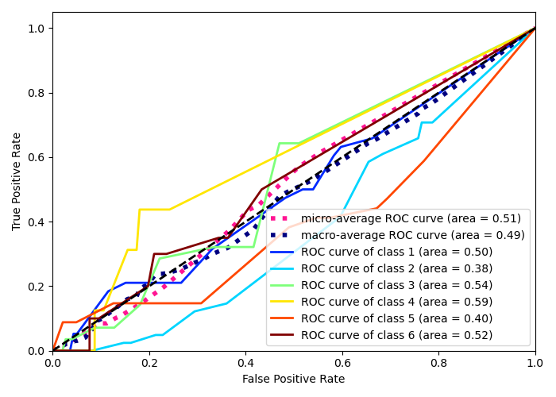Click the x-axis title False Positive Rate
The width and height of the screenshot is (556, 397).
(x=294, y=380)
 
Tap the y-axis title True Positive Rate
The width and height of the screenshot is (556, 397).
(x=17, y=181)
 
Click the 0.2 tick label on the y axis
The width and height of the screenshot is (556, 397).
(x=36, y=287)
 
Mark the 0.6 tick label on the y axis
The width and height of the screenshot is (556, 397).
(x=36, y=157)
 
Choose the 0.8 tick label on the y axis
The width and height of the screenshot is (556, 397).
(x=36, y=93)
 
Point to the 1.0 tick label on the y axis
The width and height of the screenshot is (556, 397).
(x=36, y=29)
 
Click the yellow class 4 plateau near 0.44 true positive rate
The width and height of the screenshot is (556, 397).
(x=155, y=210)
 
